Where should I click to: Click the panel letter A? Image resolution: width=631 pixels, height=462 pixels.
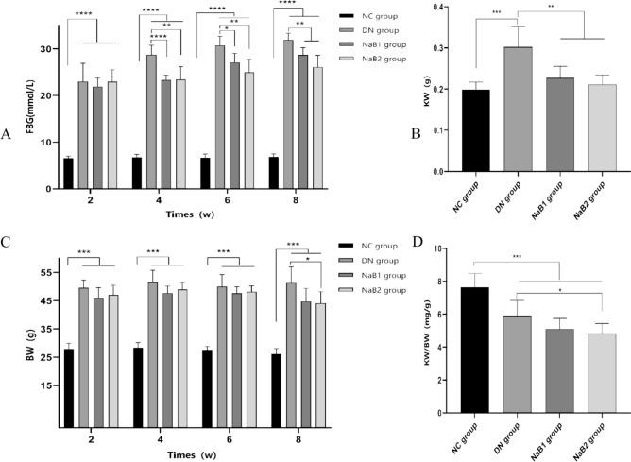(x=8, y=134)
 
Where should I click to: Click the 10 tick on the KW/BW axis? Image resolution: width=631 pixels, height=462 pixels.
(x=439, y=248)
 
